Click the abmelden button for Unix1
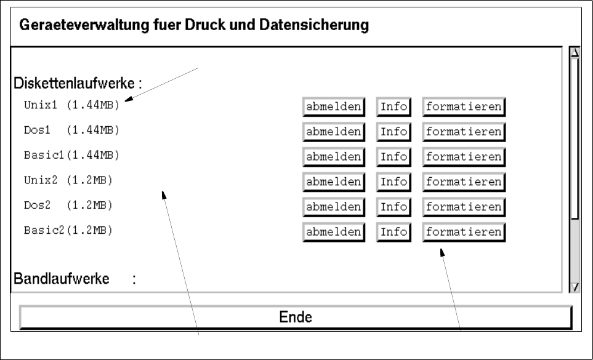[x=334, y=106]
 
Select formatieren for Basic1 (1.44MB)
[x=464, y=156]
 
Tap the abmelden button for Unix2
[x=334, y=182]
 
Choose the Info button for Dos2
[x=393, y=207]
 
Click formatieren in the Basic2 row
[x=464, y=232]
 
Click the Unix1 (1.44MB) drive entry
[x=71, y=105]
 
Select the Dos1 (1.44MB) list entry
[x=71, y=130]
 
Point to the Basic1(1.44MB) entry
[x=71, y=155]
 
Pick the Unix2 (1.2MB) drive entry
[x=68, y=180]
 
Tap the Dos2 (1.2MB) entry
[x=68, y=205]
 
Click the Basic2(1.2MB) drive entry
[x=68, y=230]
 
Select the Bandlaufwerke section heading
[x=62, y=279]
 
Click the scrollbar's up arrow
[x=575, y=52]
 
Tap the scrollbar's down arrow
[x=575, y=286]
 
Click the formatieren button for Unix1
[x=464, y=106]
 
